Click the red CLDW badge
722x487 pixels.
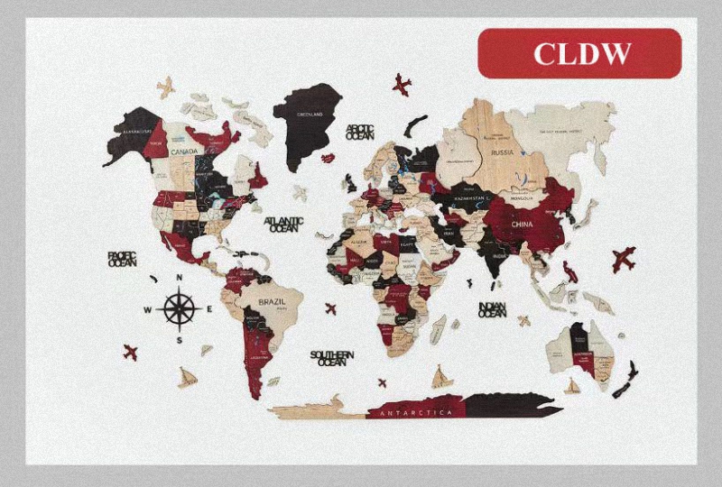tap(579, 53)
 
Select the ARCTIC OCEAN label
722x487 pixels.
tap(358, 133)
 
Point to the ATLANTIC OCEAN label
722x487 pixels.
tap(282, 225)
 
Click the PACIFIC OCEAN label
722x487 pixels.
tap(122, 259)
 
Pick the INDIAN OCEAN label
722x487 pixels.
tap(492, 308)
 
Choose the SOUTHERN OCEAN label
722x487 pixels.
tap(332, 358)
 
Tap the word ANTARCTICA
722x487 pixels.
tap(415, 412)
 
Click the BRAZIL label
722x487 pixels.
tap(272, 301)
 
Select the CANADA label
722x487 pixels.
tap(184, 152)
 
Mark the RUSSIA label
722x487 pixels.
tap(502, 152)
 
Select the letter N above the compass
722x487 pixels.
tap(180, 277)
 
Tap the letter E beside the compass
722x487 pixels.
tap(209, 308)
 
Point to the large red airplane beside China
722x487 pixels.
tap(623, 259)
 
